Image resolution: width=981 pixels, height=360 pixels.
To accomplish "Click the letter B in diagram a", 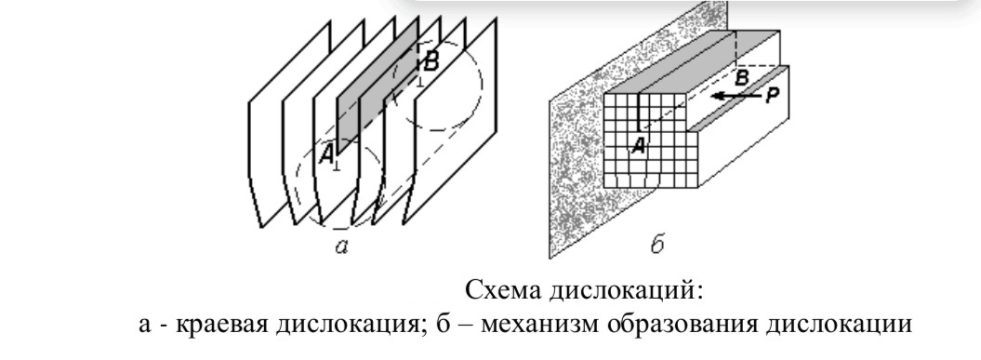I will click(x=431, y=62).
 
